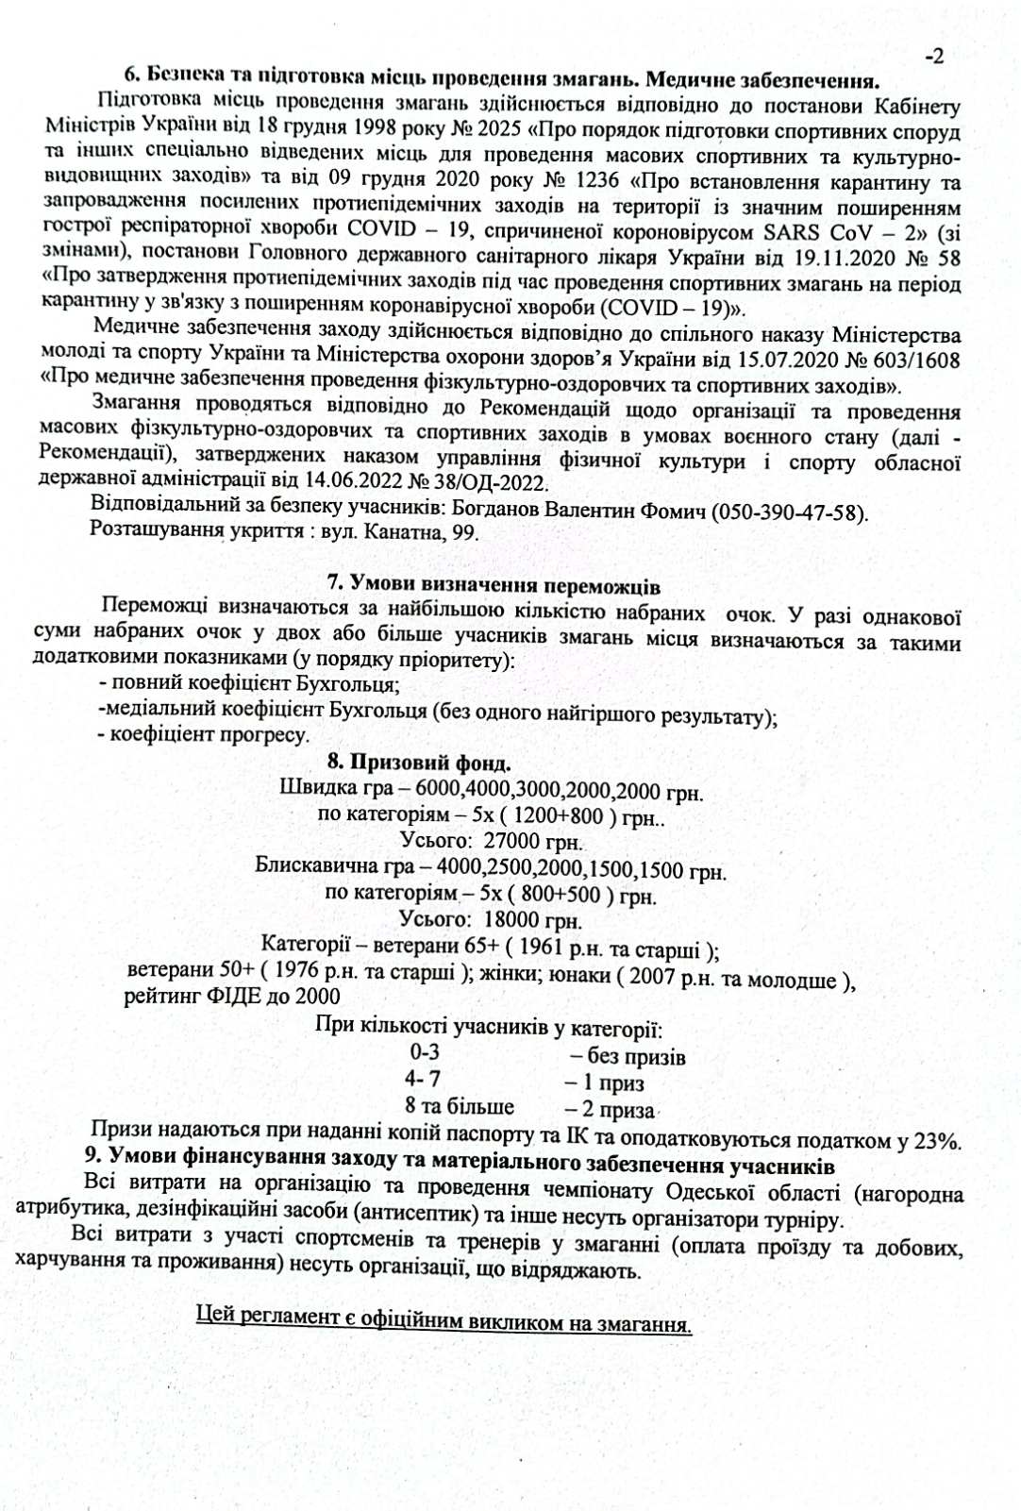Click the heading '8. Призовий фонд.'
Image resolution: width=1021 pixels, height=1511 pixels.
point(418,762)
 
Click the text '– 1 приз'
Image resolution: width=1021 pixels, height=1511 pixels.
point(604,1083)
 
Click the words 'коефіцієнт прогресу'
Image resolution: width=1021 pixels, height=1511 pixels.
point(210,734)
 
